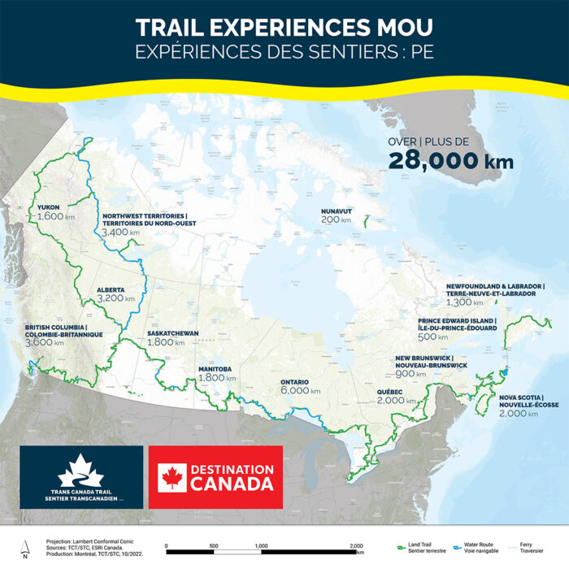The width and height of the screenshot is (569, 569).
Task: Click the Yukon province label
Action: pos(49,207)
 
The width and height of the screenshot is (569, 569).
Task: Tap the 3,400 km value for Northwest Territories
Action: pos(119,232)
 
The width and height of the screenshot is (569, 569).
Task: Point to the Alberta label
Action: pos(110,289)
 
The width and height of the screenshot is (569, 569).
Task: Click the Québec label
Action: pos(392,392)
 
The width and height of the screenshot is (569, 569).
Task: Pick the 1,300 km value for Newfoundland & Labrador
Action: pos(462,302)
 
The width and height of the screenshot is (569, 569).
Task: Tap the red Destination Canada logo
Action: pos(215,478)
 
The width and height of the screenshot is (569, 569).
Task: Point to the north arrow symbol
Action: pos(25,551)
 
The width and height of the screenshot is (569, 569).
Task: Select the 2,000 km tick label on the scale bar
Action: pos(354,545)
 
